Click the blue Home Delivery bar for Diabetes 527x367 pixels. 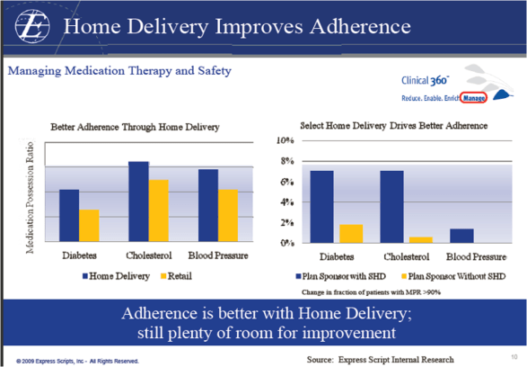(69, 215)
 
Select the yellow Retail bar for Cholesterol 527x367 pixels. (158, 210)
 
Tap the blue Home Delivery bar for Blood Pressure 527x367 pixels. (208, 205)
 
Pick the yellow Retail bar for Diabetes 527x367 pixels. (89, 226)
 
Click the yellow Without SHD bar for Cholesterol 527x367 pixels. (420, 239)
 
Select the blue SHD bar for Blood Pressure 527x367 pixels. (461, 236)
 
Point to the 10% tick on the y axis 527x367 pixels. (285, 141)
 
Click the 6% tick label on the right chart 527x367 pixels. (286, 182)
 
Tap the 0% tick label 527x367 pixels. (286, 243)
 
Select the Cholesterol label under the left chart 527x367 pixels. (150, 256)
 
